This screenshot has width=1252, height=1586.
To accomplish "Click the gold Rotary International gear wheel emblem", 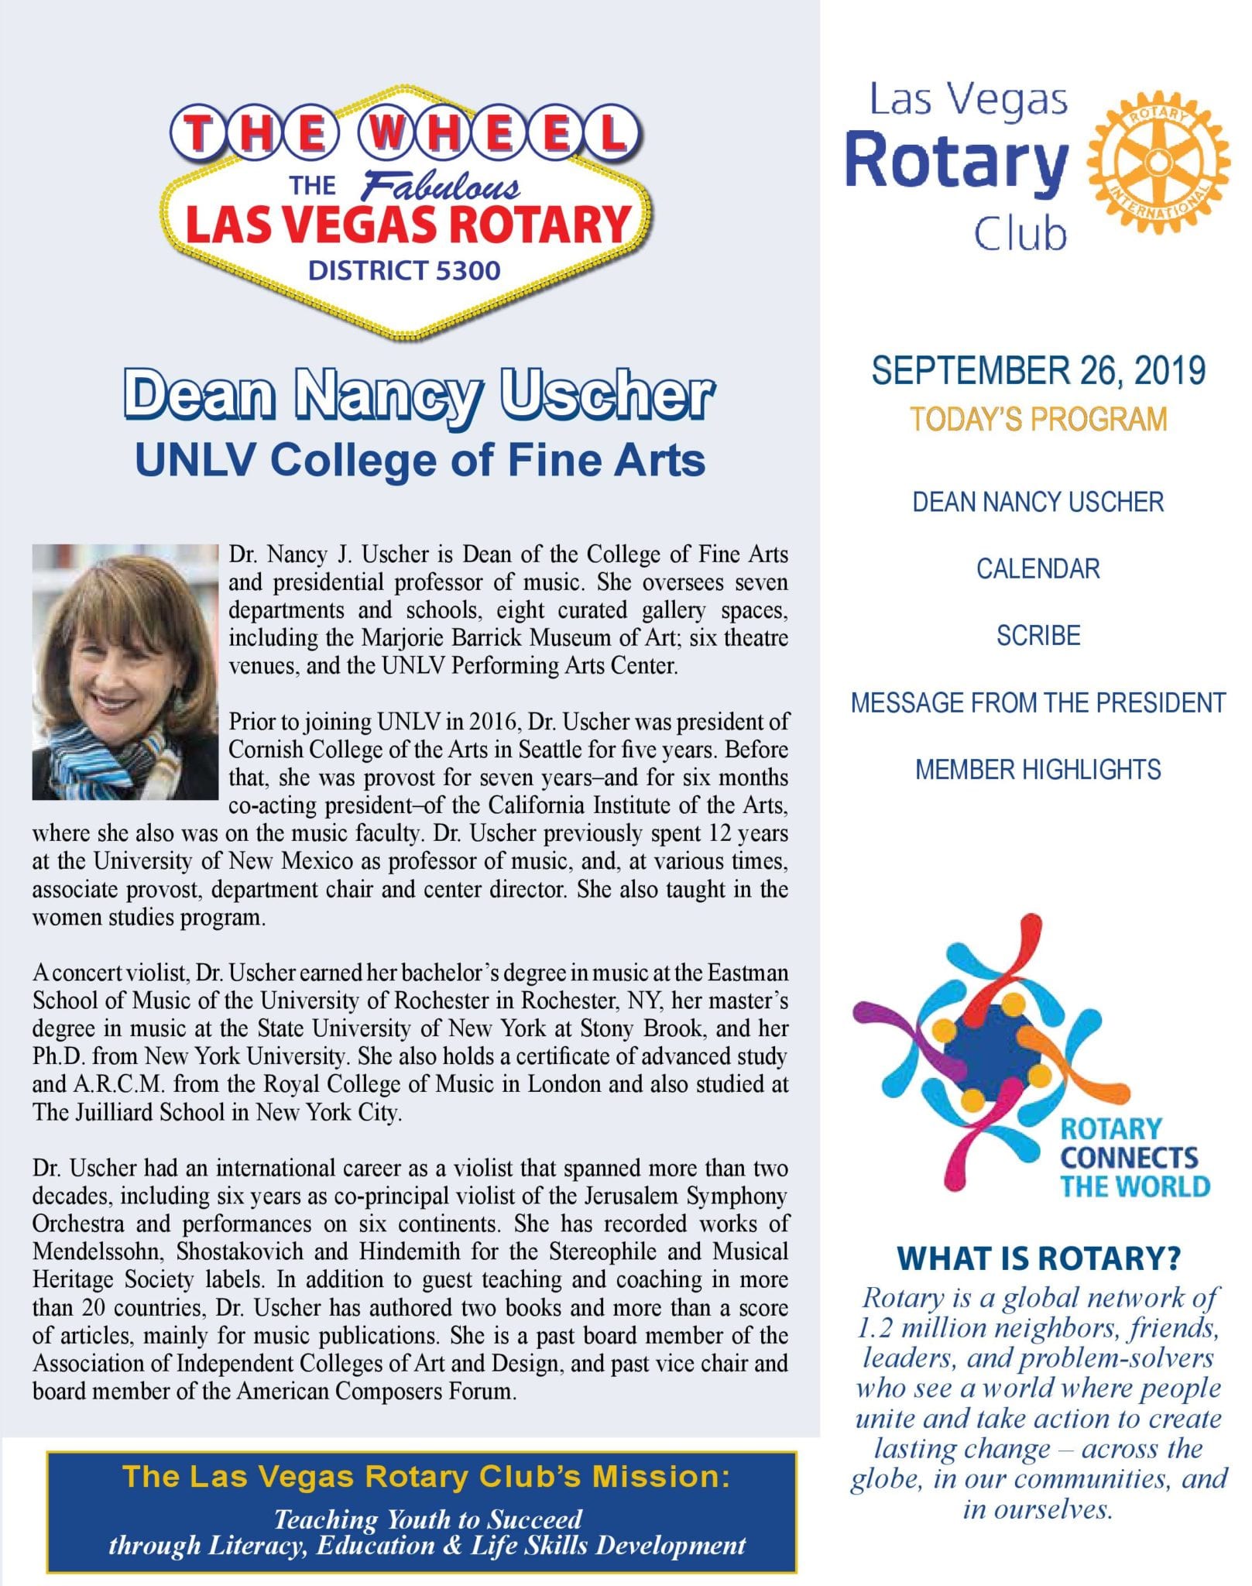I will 1158,161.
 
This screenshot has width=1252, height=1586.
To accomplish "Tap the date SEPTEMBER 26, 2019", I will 1038,370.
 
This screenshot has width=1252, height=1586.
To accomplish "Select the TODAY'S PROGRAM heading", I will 1038,419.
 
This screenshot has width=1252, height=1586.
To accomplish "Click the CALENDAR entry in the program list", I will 1038,568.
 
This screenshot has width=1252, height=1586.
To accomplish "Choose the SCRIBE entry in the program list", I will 1038,635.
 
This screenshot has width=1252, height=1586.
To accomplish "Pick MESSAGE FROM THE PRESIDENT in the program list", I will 1038,702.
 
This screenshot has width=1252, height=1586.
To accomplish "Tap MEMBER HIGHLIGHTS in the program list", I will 1038,770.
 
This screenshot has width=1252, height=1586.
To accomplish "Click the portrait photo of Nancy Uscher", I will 125,671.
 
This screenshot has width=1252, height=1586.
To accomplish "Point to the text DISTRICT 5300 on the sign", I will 404,270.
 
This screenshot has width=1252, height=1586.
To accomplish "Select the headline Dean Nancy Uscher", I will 418,395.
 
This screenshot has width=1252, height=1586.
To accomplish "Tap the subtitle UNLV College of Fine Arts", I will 420,459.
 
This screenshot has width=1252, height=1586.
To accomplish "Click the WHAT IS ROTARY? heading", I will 1038,1258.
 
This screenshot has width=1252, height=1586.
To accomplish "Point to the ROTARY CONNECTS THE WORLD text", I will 1134,1158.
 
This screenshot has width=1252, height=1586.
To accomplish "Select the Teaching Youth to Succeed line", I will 427,1519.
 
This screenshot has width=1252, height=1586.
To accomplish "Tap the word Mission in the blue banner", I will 660,1477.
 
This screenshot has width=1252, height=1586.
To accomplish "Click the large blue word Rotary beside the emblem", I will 957,161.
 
